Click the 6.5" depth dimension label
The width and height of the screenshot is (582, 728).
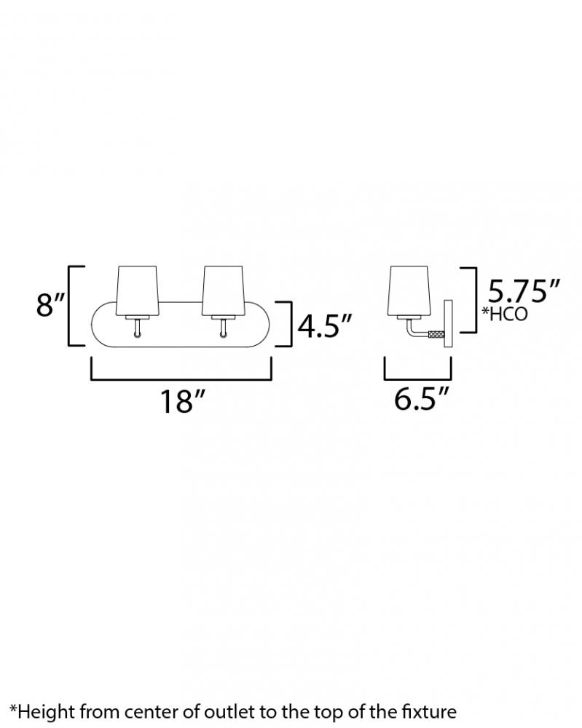coord(422,398)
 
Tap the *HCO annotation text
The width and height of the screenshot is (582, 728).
coord(505,314)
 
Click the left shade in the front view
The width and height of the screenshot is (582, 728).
coord(138,290)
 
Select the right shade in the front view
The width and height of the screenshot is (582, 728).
coord(222,290)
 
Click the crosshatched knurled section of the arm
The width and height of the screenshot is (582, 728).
coord(436,333)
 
